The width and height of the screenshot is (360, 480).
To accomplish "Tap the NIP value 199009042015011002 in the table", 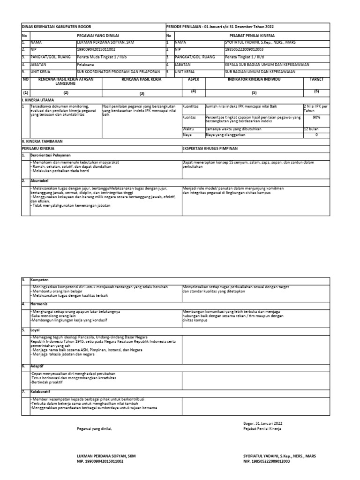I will [96, 49].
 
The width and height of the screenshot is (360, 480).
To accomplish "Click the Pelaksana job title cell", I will [85, 64].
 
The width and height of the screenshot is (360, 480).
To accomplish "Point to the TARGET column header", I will [316, 80].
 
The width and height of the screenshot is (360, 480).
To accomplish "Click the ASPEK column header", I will [193, 80].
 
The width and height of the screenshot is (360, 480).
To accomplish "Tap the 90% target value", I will [316, 117].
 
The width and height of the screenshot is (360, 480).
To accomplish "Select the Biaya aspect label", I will [187, 135].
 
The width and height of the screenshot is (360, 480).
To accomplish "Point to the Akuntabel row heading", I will [40, 180].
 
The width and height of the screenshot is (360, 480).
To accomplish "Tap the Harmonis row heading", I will [39, 304].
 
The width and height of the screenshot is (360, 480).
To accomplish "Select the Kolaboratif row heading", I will [41, 391].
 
